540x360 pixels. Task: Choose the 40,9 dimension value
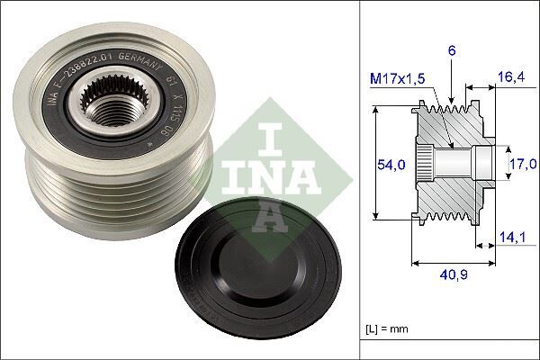452,275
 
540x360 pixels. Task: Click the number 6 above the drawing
452,53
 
